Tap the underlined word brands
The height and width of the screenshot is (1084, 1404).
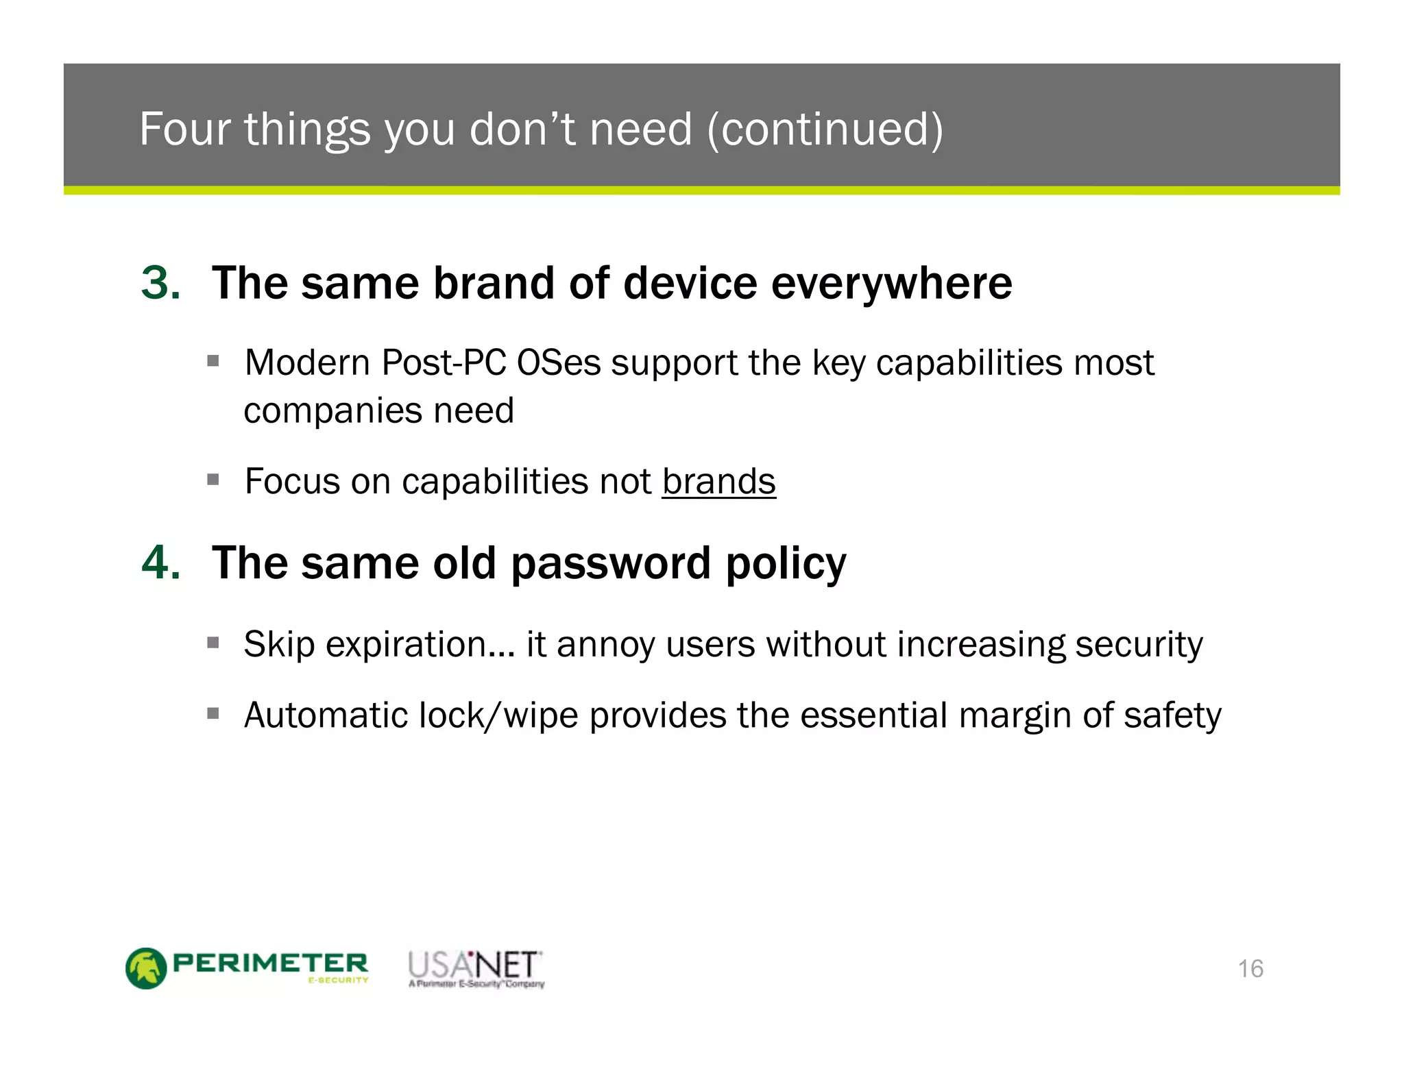[x=718, y=481]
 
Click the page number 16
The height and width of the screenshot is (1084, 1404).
[x=1250, y=969]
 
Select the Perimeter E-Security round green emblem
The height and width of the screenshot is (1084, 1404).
[x=146, y=968]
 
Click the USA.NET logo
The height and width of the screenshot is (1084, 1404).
[x=474, y=968]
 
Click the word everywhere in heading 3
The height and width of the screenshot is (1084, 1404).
[x=891, y=284]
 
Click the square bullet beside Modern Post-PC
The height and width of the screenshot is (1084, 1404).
[x=213, y=360]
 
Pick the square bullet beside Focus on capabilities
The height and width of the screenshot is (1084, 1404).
[x=213, y=479]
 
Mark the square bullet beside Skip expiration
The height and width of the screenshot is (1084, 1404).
[x=213, y=643]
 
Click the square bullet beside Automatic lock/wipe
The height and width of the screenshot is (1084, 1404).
[x=213, y=714]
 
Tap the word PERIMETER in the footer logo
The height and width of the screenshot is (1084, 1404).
[x=270, y=963]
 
